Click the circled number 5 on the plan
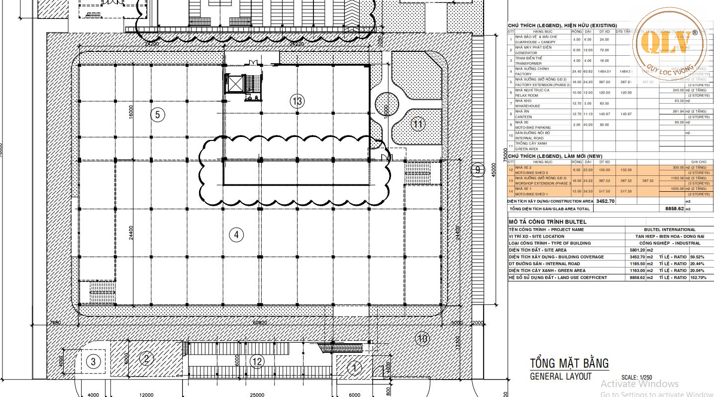click(157, 115)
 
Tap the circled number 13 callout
click(297, 102)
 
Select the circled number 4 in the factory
click(236, 234)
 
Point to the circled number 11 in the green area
click(418, 124)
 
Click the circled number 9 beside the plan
click(477, 170)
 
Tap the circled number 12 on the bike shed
click(257, 362)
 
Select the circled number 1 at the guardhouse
click(354, 369)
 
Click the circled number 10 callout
click(422, 340)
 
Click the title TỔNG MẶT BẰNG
click(569, 363)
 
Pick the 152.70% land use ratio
click(698, 277)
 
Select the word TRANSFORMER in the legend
click(528, 63)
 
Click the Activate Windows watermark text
click(639, 384)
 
